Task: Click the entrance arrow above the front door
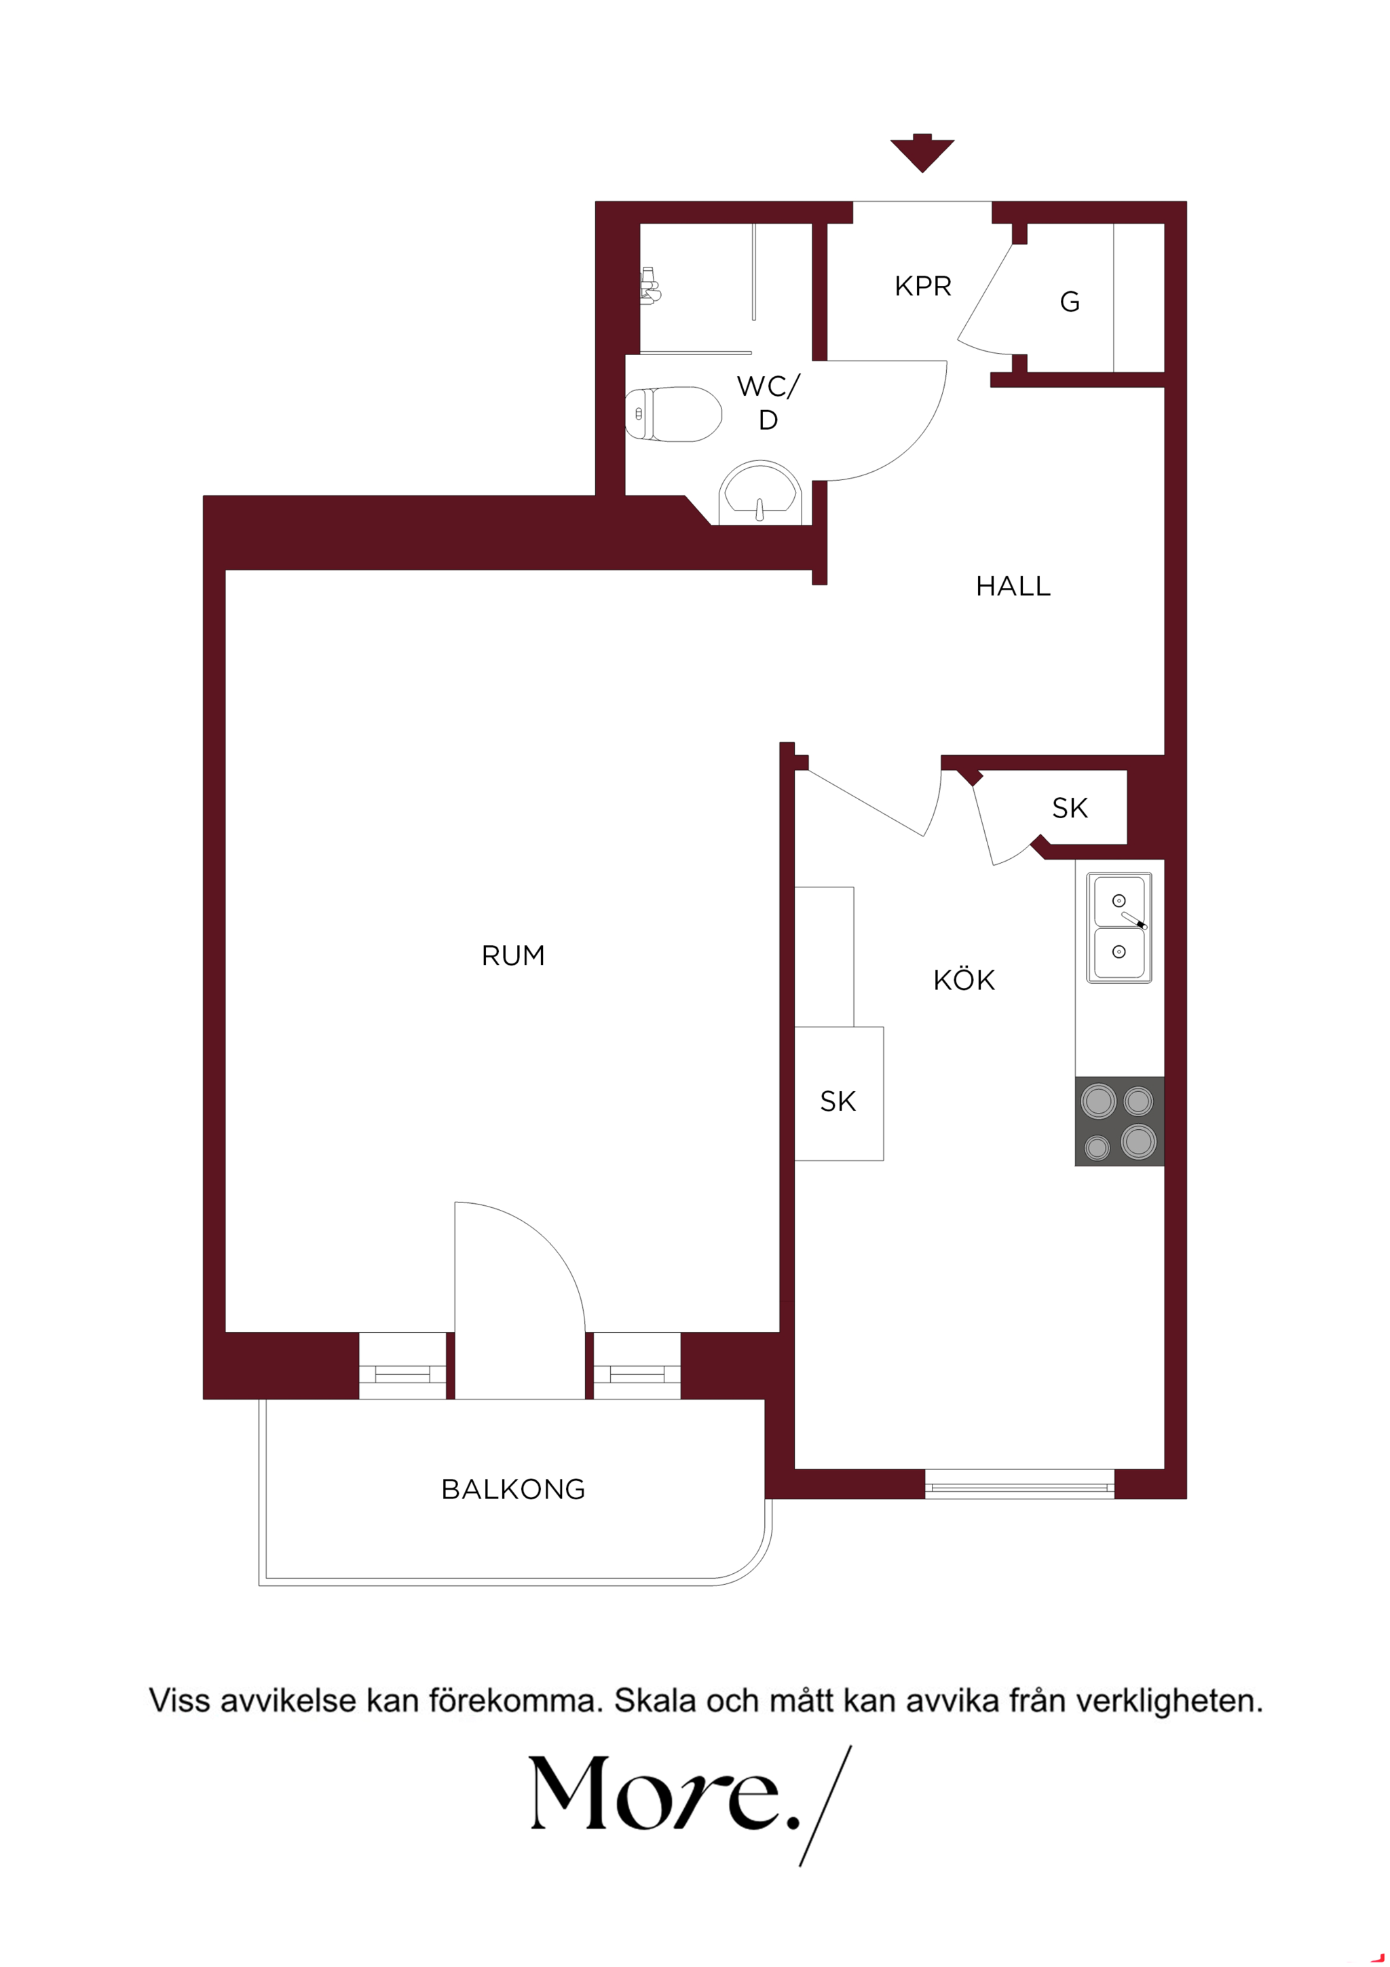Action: (922, 154)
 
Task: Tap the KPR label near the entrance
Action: (922, 286)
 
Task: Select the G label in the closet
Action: (1069, 301)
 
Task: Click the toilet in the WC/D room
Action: (673, 415)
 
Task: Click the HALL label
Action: (1013, 586)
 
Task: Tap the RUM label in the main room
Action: (513, 955)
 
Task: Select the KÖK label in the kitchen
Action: (964, 979)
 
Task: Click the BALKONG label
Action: (513, 1489)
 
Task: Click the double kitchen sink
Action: (1119, 927)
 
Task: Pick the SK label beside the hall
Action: (1070, 808)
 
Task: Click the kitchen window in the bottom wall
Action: (1019, 1483)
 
